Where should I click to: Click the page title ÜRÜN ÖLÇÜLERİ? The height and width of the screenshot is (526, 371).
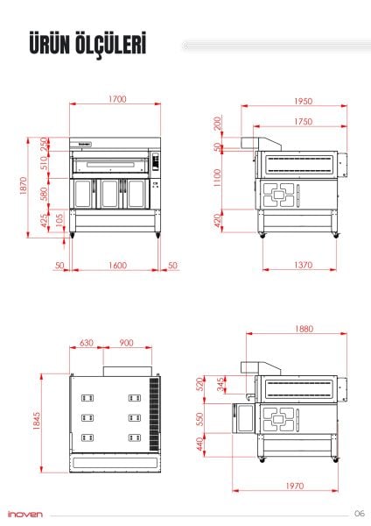[x=86, y=44]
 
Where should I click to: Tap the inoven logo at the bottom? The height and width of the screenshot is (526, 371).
[x=25, y=514]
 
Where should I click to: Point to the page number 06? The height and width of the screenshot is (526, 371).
[x=359, y=514]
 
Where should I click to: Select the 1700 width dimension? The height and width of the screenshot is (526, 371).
[x=117, y=99]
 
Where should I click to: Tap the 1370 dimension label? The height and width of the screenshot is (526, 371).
[x=303, y=264]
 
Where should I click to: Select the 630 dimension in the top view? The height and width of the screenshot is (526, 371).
[x=87, y=343]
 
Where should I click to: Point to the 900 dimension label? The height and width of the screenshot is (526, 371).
[x=127, y=343]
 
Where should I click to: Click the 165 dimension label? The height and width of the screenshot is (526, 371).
[x=58, y=219]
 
